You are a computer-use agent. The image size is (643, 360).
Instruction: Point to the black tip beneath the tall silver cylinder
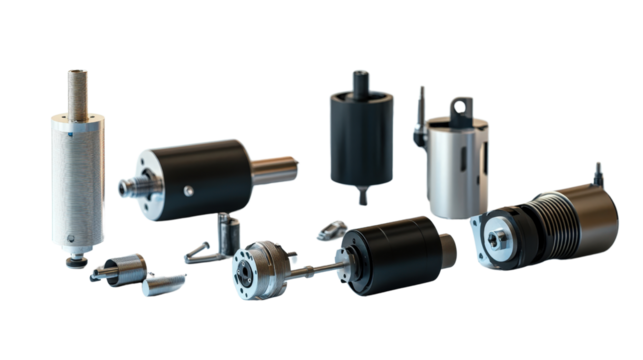point(73,262)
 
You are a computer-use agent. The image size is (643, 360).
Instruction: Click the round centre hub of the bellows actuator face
point(499,236)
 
